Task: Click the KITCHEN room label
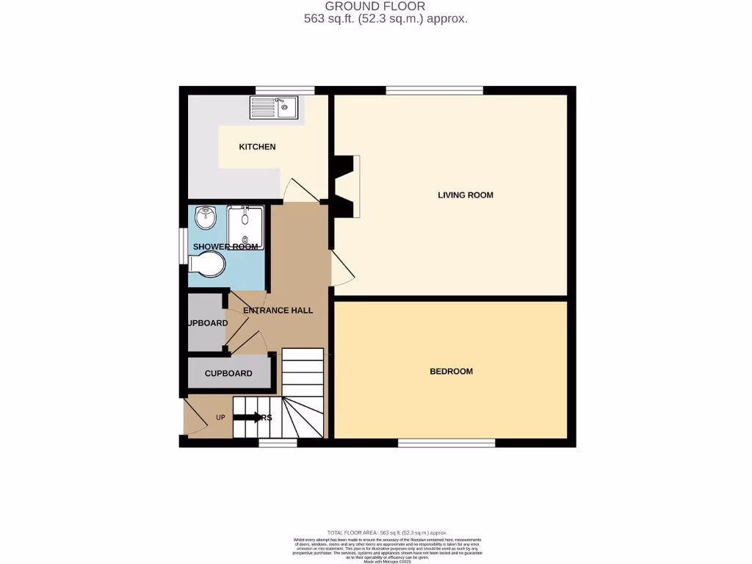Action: point(257,147)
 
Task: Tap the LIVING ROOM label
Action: point(465,195)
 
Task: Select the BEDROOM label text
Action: point(451,372)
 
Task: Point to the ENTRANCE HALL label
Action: point(278,311)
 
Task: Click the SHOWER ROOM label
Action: point(225,247)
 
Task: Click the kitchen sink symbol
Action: point(273,108)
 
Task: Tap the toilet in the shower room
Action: point(207,264)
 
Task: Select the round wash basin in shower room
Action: point(206,217)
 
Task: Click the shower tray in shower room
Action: point(245,228)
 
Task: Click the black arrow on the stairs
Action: point(245,418)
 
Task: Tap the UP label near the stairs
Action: point(220,418)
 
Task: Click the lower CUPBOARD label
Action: point(228,374)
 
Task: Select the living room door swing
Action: point(342,268)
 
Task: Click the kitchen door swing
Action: point(301,190)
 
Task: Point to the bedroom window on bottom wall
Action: point(446,443)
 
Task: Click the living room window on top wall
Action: point(434,90)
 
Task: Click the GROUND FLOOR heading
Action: point(386,7)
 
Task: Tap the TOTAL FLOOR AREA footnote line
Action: point(387,532)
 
